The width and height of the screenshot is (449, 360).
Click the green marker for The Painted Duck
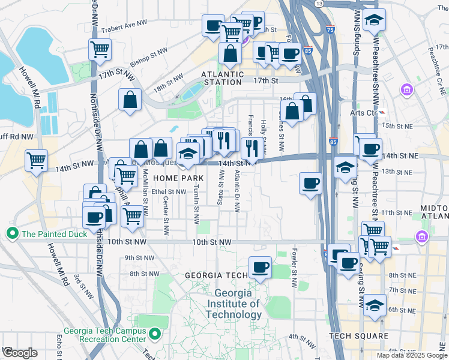[x=11, y=233]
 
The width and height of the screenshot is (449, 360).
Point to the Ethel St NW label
[x=169, y=191]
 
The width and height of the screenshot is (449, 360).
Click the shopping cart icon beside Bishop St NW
[x=100, y=49]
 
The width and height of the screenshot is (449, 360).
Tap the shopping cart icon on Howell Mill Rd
[x=37, y=160]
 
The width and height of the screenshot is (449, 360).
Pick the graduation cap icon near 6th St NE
[x=375, y=306]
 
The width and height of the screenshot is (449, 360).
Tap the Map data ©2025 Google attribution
[x=412, y=355]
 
